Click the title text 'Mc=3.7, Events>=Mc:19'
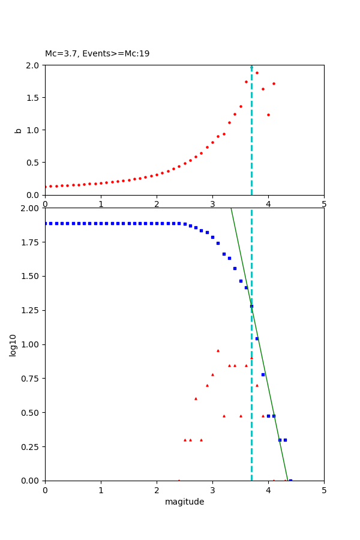pyautogui.click(x=97, y=54)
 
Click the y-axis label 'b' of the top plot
pyautogui.click(x=18, y=130)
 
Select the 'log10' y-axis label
pyautogui.click(x=13, y=344)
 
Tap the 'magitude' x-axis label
pyautogui.click(x=184, y=502)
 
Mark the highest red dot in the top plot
pyautogui.click(x=257, y=73)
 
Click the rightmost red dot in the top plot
pyautogui.click(x=274, y=83)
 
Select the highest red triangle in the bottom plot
pyautogui.click(x=218, y=350)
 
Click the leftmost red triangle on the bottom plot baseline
pyautogui.click(x=179, y=480)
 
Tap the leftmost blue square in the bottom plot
pyautogui.click(x=46, y=223)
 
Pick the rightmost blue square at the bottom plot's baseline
pyautogui.click(x=290, y=480)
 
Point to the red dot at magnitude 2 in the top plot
pyautogui.click(x=157, y=175)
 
